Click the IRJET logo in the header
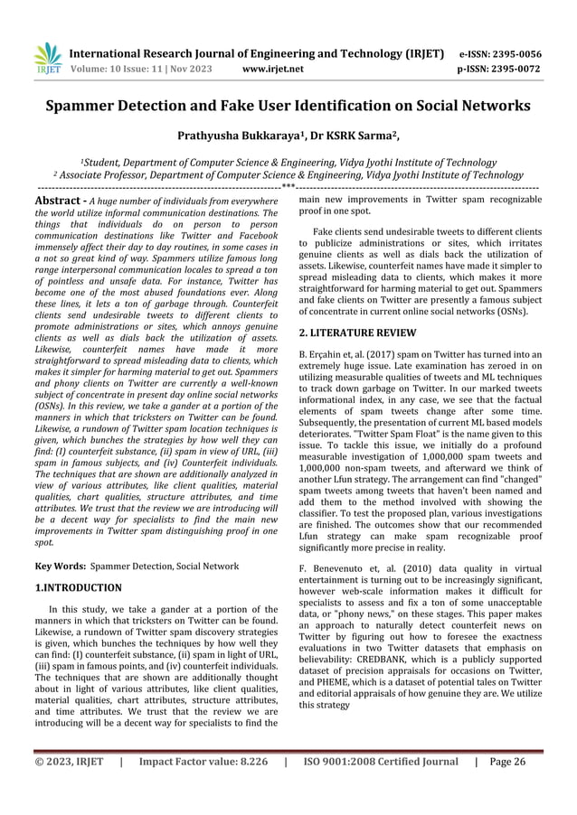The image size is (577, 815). (x=47, y=58)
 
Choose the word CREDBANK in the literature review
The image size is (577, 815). (x=411, y=671)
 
